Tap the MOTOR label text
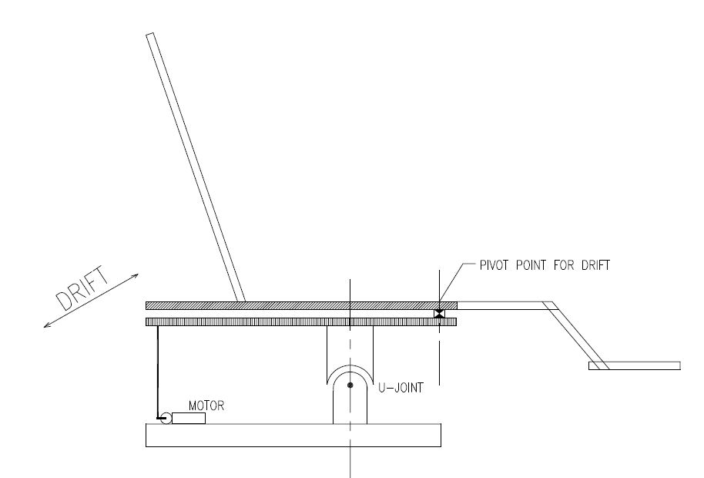pos(206,406)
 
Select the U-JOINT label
pos(403,390)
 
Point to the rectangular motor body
pos(189,418)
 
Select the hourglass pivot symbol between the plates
pos(439,314)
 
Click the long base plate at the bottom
pos(293,435)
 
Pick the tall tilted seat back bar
pos(196,166)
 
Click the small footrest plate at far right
pos(635,365)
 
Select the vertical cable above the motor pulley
pos(157,370)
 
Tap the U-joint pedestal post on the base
pos(350,405)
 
